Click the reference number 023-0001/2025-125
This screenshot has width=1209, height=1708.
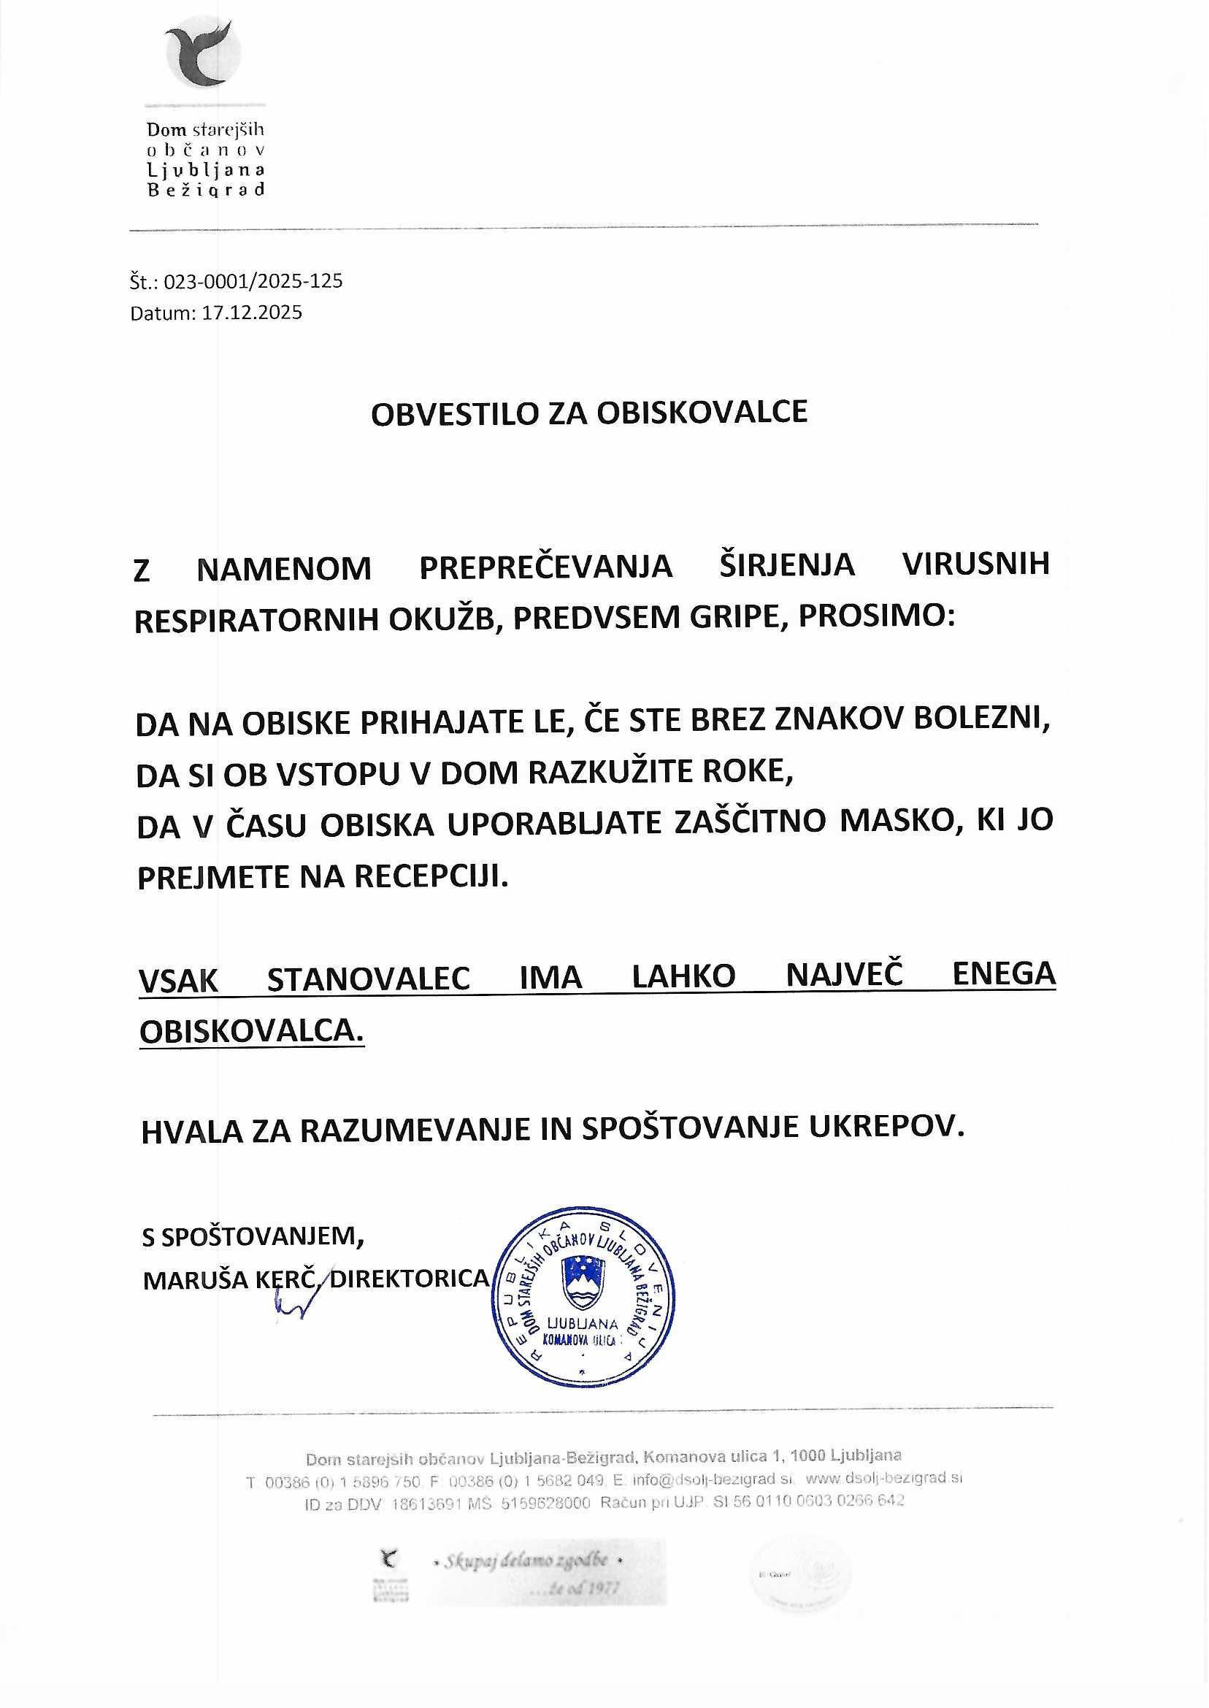tap(253, 281)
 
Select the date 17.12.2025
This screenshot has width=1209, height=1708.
tap(253, 312)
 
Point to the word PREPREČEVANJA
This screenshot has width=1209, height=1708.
tap(545, 568)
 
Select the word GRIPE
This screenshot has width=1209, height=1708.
tap(725, 619)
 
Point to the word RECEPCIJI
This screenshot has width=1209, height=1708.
tap(430, 877)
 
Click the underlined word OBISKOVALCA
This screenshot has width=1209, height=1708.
tap(252, 1031)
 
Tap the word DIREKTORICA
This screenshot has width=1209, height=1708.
tap(410, 1279)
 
